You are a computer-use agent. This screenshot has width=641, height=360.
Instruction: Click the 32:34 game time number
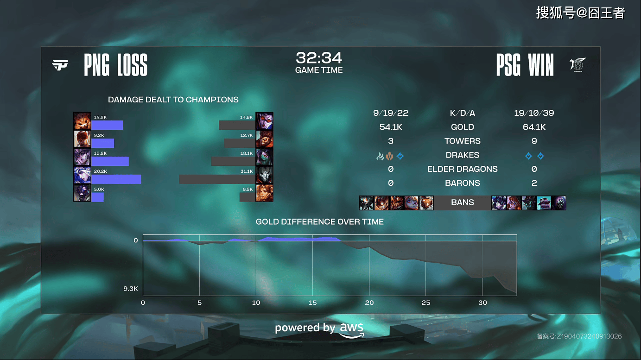(319, 58)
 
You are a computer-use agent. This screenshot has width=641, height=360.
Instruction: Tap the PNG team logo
(60, 65)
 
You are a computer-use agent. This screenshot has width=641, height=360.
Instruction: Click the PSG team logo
(578, 65)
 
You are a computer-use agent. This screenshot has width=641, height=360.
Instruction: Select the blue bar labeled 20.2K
(116, 179)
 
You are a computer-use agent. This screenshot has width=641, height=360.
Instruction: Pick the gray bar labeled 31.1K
(217, 179)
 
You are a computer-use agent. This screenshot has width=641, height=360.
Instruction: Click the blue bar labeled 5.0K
(98, 197)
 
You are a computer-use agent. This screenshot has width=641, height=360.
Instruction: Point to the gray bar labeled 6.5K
(248, 197)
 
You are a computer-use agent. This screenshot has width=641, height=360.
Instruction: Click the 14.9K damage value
(246, 117)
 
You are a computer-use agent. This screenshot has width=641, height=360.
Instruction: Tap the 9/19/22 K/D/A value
(391, 113)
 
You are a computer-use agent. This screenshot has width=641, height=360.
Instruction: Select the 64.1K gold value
(534, 127)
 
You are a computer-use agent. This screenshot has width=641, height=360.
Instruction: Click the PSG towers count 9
(534, 141)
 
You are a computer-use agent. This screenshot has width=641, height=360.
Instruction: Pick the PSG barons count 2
(534, 183)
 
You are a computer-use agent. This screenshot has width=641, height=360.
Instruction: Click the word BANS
(463, 202)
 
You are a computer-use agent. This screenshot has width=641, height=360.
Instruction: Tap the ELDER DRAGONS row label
(463, 169)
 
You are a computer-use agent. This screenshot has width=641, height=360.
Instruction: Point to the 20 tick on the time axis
(369, 303)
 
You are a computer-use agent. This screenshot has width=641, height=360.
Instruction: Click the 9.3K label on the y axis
(131, 289)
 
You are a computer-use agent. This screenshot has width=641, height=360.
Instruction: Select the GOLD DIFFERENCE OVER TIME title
(320, 222)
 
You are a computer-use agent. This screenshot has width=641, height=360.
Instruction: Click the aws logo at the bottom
(352, 330)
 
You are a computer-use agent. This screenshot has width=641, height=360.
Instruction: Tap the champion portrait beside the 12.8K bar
(82, 121)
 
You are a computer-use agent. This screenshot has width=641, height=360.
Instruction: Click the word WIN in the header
(541, 65)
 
